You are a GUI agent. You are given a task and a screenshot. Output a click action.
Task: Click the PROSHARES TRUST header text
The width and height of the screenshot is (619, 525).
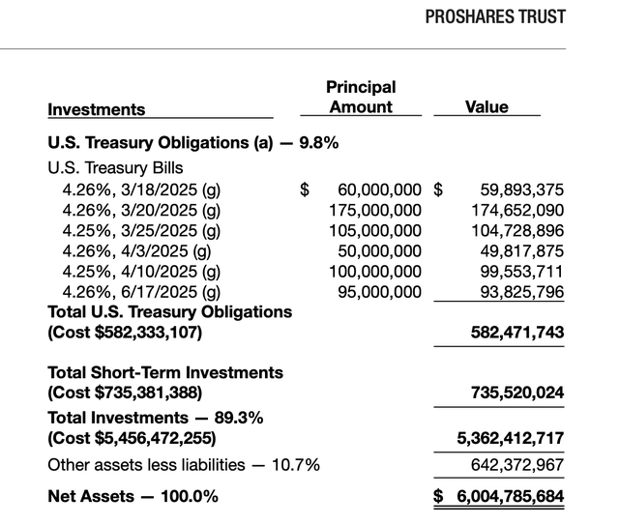pyautogui.click(x=495, y=17)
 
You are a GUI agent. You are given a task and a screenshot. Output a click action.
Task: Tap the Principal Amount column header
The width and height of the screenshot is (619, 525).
pyautogui.click(x=361, y=98)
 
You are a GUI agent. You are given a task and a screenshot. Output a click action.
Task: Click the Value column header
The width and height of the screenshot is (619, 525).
pyautogui.click(x=486, y=107)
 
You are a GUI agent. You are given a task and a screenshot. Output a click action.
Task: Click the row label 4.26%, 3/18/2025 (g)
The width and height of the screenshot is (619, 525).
pyautogui.click(x=141, y=189)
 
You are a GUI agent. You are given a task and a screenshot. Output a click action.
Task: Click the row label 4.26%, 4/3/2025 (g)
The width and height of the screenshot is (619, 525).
pyautogui.click(x=136, y=250)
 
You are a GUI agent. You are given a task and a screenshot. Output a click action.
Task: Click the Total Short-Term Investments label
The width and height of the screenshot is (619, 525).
pyautogui.click(x=165, y=372)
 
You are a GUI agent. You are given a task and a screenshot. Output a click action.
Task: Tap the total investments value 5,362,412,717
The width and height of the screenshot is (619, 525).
pyautogui.click(x=510, y=439)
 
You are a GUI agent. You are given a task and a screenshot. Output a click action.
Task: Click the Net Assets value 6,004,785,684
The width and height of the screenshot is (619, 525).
pyautogui.click(x=508, y=497)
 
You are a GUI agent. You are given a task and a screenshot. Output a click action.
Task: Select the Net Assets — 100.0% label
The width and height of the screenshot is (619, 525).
pyautogui.click(x=133, y=497)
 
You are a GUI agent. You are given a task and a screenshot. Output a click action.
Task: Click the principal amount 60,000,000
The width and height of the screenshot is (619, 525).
pyautogui.click(x=378, y=190)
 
